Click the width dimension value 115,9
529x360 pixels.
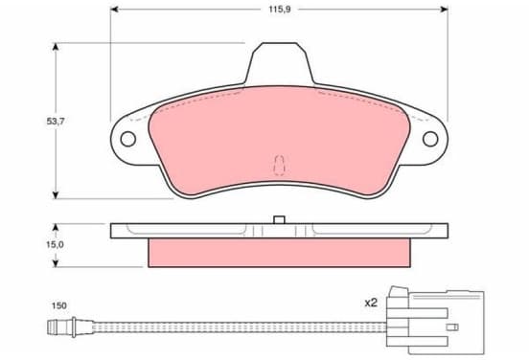279,10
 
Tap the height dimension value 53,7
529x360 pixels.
56,121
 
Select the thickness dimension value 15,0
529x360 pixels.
55,244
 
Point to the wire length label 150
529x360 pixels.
59,305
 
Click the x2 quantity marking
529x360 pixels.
371,304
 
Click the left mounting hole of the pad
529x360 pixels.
128,139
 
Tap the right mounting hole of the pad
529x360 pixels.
430,139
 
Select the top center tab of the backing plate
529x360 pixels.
279,63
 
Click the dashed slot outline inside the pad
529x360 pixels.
279,166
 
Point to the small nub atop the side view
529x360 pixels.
279,220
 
